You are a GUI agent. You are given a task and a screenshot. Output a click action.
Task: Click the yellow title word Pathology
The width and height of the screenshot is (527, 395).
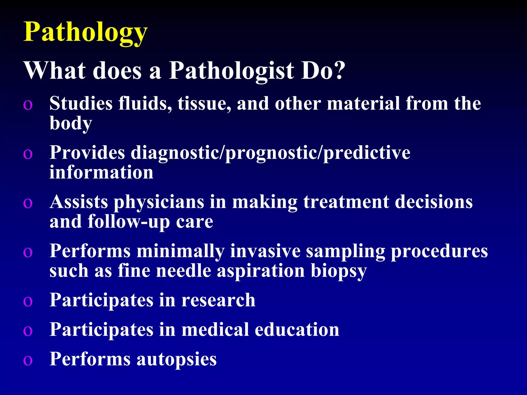point(85,32)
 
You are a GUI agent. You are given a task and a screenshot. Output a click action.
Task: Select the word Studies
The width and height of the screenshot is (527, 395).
point(81,103)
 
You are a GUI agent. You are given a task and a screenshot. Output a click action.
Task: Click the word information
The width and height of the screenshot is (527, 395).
point(101,172)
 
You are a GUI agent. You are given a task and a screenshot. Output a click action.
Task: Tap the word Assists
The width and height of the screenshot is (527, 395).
point(79,202)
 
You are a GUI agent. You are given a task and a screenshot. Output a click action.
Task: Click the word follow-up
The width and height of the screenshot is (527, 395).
point(129,222)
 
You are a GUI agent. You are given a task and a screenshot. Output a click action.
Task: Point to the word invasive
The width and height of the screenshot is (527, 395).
point(265,251)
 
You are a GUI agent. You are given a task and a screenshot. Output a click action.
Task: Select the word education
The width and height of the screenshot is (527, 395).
point(297,329)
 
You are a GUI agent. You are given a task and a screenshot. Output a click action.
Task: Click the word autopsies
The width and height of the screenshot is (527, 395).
point(177,360)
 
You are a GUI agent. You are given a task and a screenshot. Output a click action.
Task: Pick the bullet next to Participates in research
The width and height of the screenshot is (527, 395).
point(28,302)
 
